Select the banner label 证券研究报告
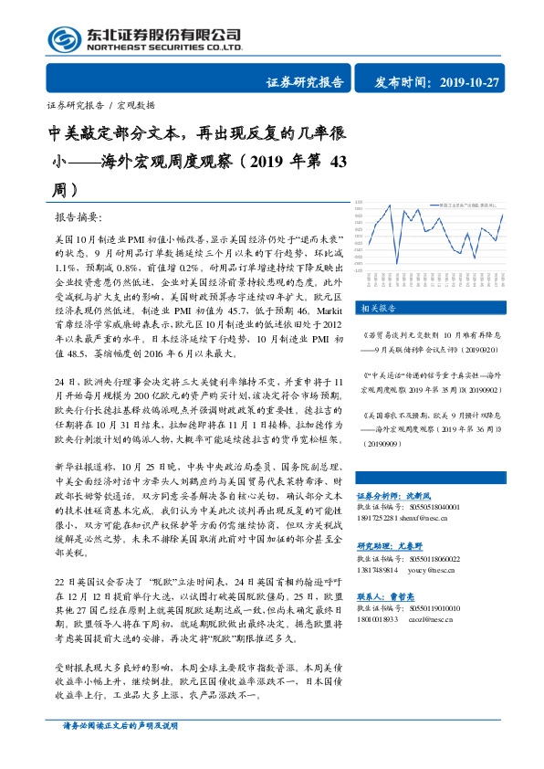[x=305, y=83]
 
